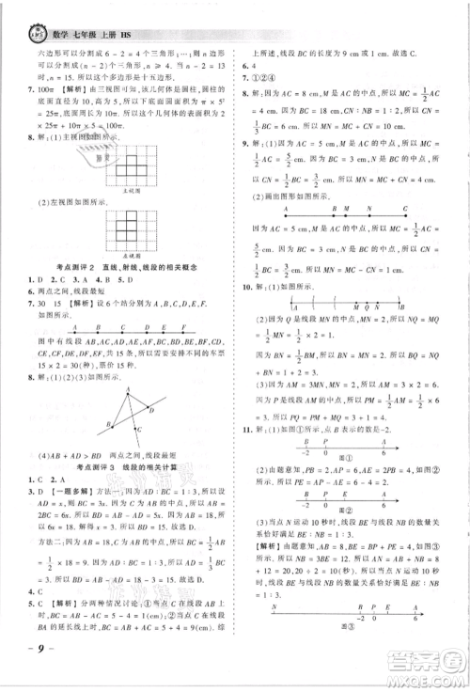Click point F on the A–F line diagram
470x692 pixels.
tap(184, 329)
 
